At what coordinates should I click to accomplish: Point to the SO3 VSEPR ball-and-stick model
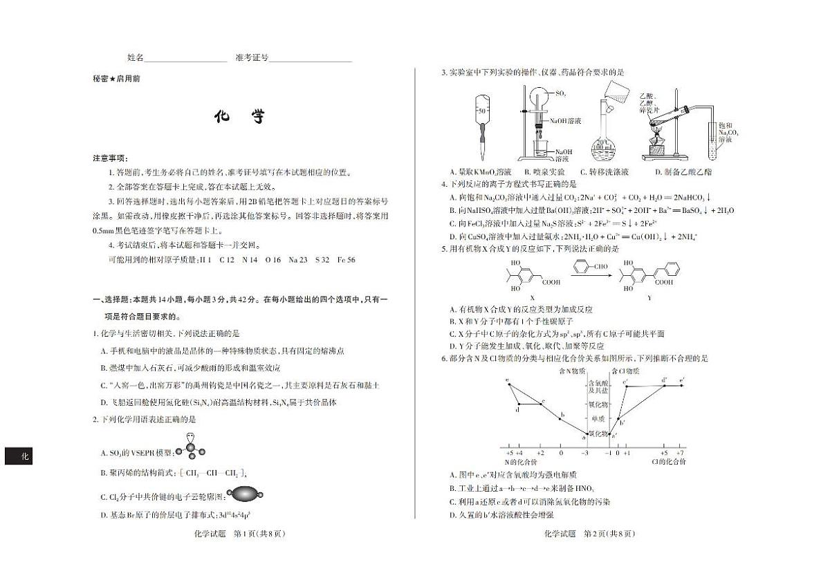190,447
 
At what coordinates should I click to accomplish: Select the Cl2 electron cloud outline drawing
244,494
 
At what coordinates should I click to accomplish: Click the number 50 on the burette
481,111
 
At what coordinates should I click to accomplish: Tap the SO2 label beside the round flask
560,93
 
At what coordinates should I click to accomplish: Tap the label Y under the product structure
649,298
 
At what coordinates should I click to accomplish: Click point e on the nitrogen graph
508,380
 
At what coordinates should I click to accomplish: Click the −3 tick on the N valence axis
584,452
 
